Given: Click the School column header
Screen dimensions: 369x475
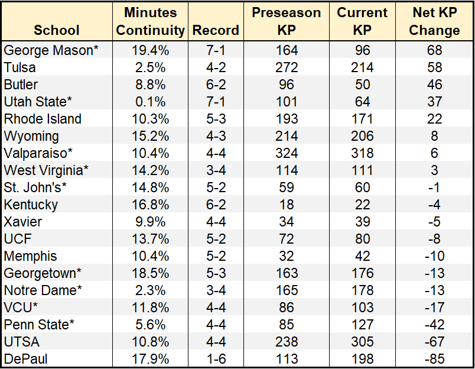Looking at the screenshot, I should point(57,30).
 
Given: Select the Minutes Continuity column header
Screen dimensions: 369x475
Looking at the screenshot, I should point(151,21).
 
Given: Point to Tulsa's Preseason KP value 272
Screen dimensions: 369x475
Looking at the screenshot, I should point(286,67).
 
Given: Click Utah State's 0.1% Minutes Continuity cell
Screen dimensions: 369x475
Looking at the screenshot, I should point(151,102).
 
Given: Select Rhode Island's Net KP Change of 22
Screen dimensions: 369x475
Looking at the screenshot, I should point(434,119).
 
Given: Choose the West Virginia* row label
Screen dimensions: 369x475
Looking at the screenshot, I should point(46,171).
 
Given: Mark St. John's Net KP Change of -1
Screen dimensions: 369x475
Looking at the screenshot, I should point(434,188).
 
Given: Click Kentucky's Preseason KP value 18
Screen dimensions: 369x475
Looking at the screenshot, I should point(286,205).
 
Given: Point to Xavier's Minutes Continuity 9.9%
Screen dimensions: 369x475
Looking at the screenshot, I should point(151,222).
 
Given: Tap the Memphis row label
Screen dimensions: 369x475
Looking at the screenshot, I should point(31,257).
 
